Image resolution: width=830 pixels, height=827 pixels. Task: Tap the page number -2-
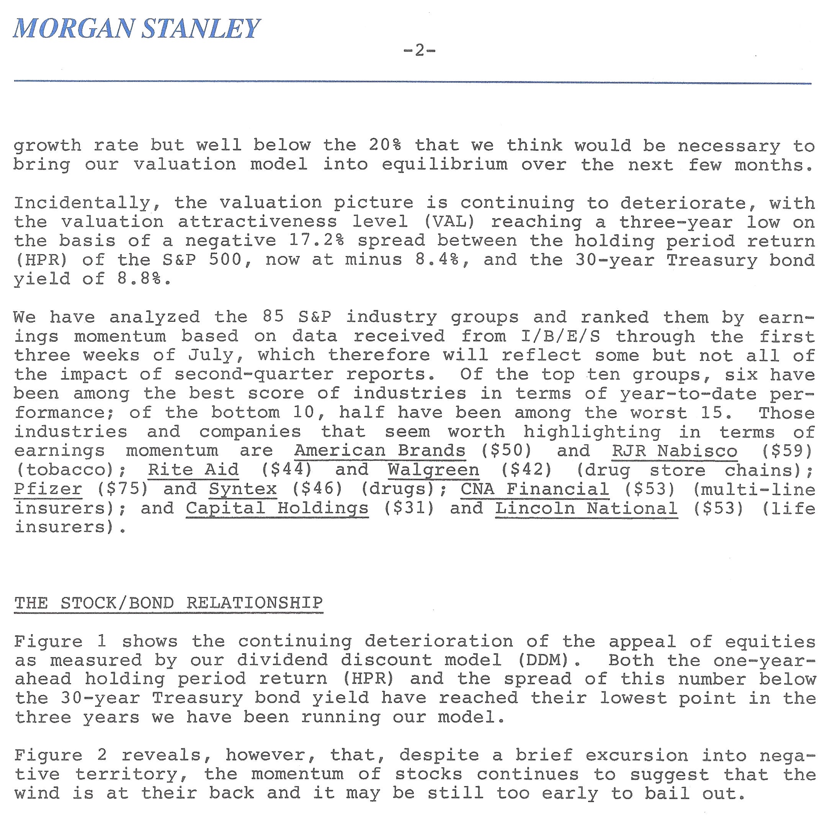419,51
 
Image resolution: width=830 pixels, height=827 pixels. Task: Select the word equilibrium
444,165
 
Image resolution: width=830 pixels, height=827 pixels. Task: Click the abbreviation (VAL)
450,222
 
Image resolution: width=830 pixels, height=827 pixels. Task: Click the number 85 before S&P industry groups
273,317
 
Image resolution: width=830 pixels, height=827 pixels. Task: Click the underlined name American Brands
380,450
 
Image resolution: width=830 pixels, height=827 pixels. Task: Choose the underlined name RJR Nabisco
675,451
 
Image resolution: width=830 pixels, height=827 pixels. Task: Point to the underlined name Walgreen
433,470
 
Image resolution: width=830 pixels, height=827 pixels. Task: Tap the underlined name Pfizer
48,489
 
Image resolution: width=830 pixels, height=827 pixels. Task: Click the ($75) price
123,489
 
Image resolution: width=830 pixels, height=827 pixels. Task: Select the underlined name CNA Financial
535,489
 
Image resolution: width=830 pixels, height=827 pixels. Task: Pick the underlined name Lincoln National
587,508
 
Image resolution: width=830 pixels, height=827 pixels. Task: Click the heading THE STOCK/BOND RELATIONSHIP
168,603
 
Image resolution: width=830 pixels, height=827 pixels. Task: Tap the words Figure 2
60,755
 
